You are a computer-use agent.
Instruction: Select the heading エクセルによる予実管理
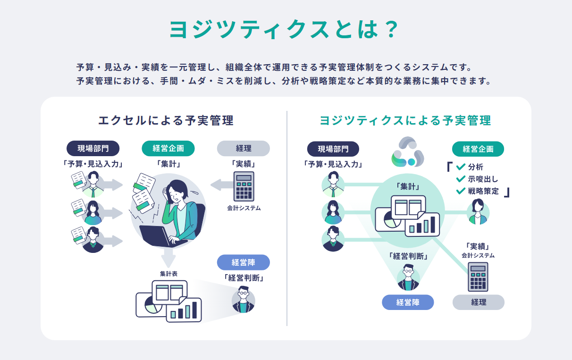[166, 120]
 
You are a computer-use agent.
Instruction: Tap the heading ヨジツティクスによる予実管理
[405, 120]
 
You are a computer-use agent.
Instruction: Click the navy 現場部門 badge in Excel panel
[93, 148]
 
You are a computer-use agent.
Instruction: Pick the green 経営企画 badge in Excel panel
[168, 148]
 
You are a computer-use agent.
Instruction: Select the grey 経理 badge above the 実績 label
[244, 148]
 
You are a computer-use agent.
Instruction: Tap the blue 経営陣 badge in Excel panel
[244, 262]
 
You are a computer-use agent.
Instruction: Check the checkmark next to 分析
[461, 167]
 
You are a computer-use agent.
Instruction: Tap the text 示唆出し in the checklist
[483, 179]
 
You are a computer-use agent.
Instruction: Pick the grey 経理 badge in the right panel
[478, 302]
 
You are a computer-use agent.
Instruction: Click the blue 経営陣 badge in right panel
[407, 302]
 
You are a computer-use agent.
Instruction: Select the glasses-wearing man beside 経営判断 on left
[243, 300]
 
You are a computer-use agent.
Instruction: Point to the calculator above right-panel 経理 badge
[478, 277]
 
